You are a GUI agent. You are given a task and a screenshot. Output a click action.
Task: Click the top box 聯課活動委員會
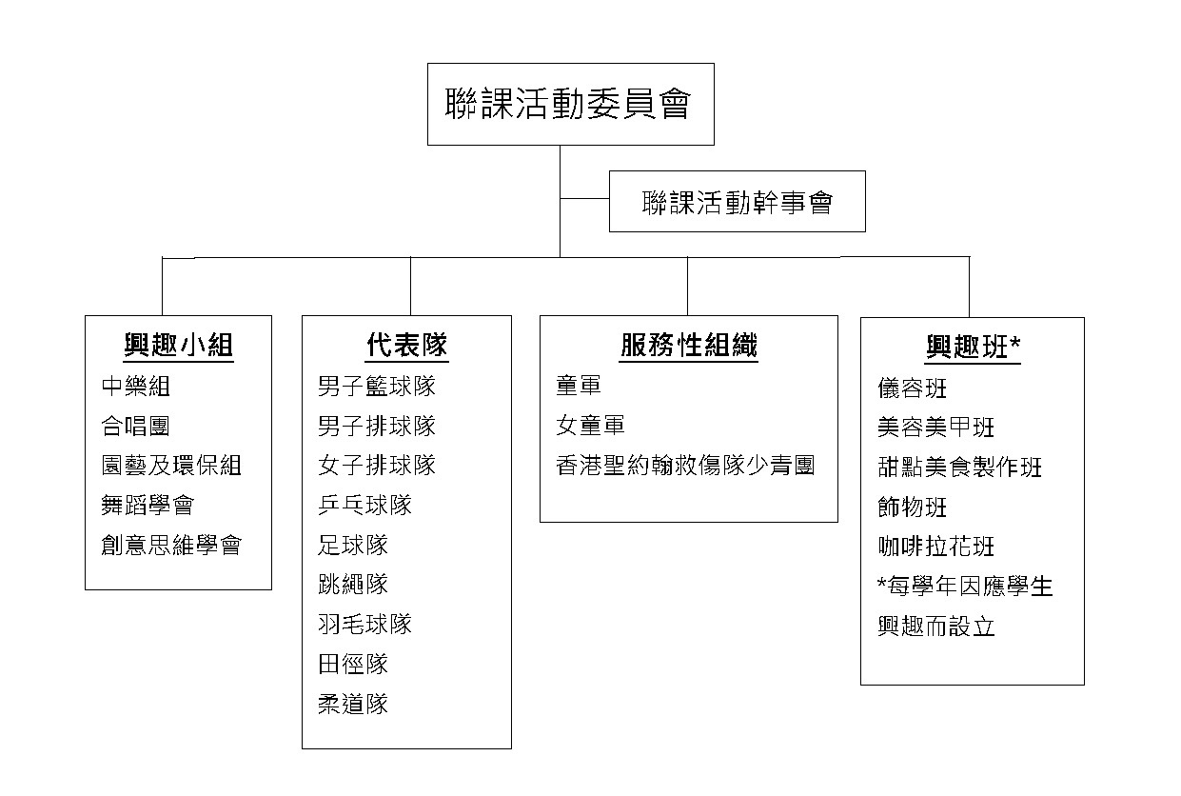570,104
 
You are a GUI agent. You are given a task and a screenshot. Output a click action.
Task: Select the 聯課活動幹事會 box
738,201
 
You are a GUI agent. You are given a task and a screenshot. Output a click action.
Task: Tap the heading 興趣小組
178,346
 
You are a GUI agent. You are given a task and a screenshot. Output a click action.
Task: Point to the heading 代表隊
406,345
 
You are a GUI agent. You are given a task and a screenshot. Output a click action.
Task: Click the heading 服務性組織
689,345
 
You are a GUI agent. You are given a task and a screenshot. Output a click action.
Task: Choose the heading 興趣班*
973,348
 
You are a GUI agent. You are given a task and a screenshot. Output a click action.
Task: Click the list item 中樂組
135,387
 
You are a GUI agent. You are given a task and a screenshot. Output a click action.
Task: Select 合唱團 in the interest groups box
135,426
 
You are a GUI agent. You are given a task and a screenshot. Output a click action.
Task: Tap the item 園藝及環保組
171,466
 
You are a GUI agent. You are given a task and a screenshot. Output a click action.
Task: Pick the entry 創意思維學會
171,545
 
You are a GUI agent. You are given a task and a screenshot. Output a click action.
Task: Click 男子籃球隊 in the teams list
377,387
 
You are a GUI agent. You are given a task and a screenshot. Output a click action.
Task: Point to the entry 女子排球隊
377,466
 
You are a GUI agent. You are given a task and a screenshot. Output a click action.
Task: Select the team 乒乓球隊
364,505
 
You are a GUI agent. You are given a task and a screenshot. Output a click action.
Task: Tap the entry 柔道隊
353,704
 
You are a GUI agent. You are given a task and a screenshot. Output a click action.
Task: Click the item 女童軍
590,426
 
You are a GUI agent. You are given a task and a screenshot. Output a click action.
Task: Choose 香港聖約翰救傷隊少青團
685,466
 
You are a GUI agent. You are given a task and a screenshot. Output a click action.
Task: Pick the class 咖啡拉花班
935,547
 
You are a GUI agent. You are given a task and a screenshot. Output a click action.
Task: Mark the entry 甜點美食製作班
959,468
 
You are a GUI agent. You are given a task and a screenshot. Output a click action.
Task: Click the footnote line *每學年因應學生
965,587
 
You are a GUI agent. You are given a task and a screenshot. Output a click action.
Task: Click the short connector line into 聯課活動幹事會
584,199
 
